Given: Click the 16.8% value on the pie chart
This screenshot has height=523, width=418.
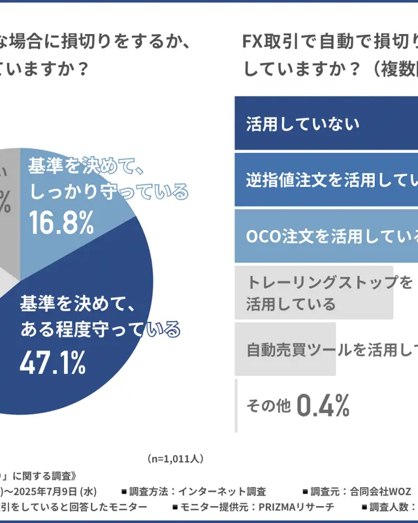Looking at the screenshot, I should [61, 224].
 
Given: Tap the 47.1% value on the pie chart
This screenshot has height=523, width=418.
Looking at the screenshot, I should [53, 363].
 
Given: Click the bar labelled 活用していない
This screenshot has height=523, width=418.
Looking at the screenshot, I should [327, 124].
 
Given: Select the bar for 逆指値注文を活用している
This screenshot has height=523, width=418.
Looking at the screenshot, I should [327, 180].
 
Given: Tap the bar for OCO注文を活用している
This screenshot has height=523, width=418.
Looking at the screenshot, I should [327, 236].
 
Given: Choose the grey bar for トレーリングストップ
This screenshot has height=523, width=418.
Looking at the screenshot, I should [314, 292].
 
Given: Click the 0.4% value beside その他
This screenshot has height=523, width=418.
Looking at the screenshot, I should [323, 406].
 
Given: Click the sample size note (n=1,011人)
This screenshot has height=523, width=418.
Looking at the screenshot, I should [175, 458].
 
